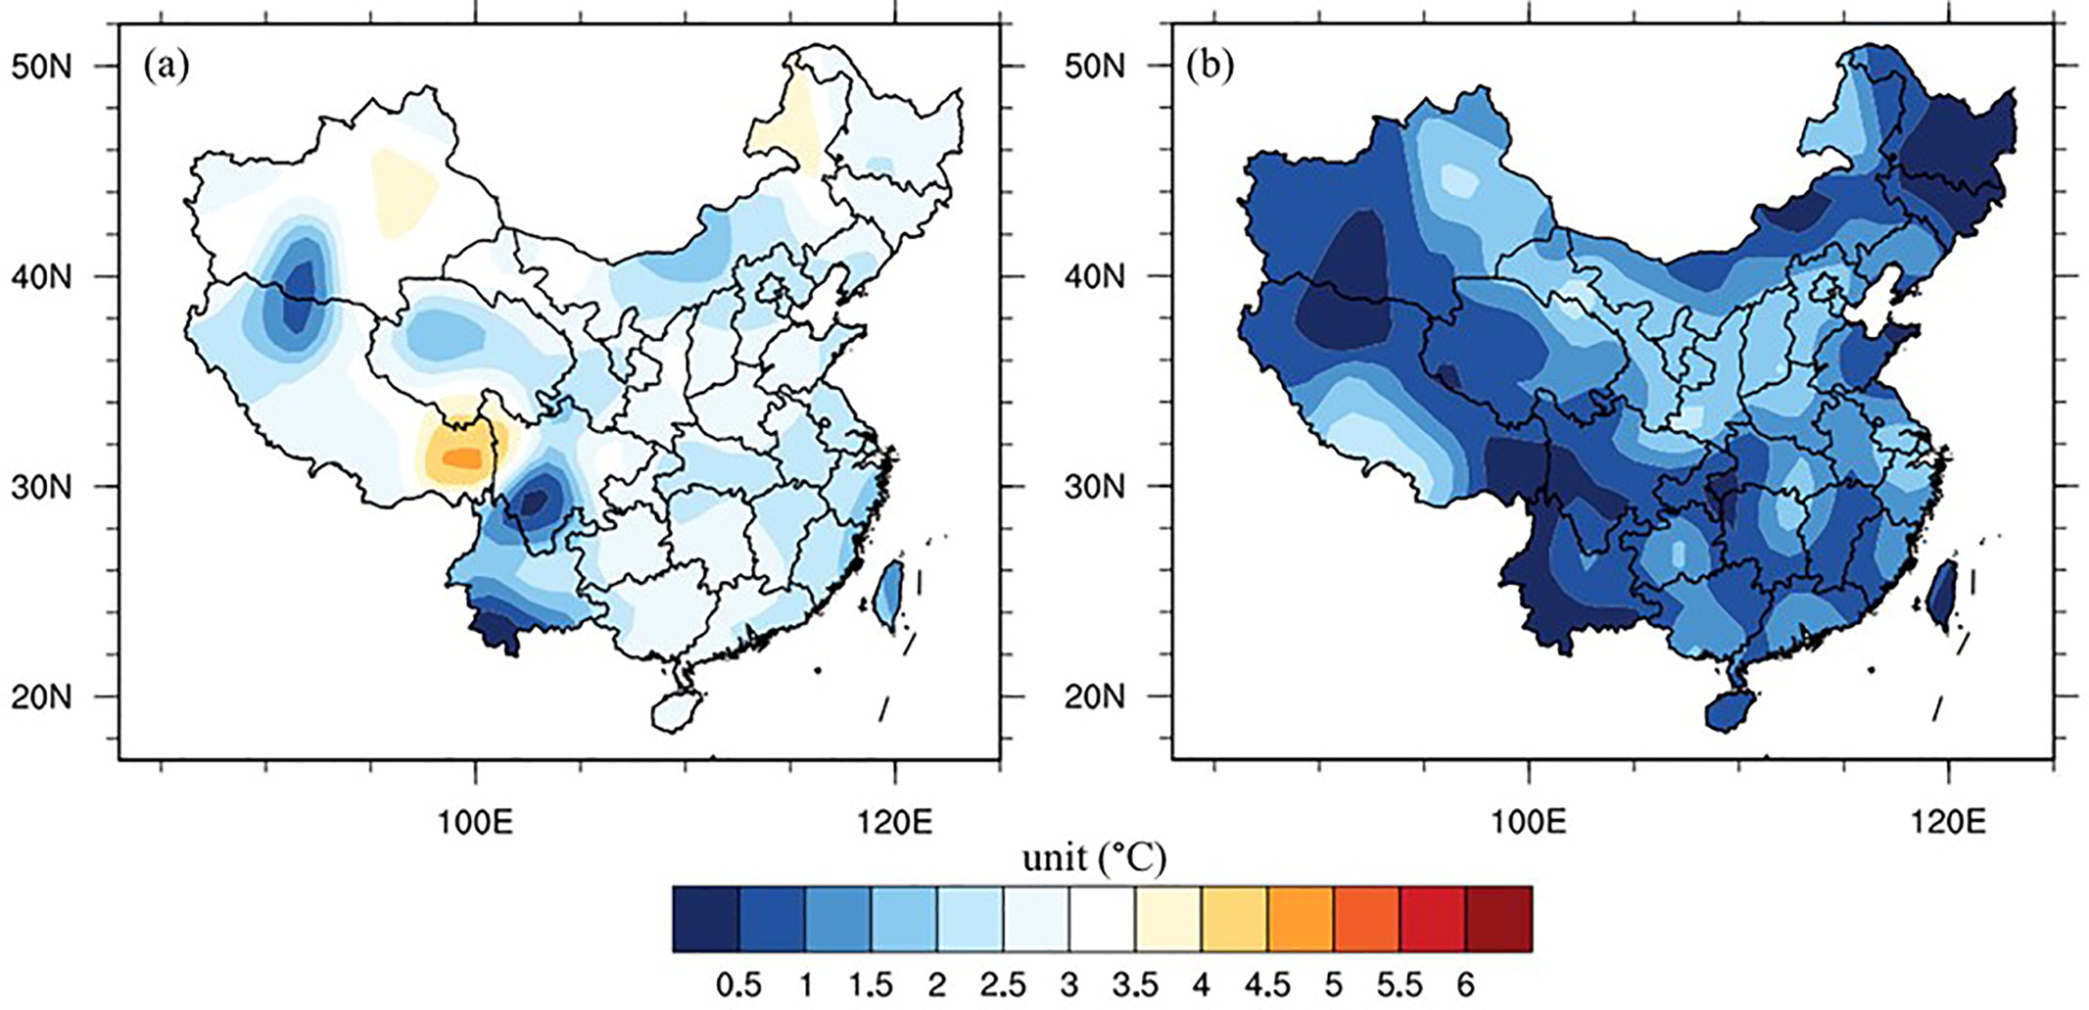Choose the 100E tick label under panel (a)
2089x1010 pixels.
(x=476, y=822)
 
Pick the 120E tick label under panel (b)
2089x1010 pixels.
(x=1948, y=822)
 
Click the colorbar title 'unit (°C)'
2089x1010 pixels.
(x=1094, y=859)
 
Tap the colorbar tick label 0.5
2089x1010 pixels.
(x=738, y=984)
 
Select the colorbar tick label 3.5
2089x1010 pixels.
(x=1135, y=984)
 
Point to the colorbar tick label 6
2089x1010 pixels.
(x=1465, y=984)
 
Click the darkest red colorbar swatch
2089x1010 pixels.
(x=1498, y=918)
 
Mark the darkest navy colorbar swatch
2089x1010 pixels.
(x=706, y=918)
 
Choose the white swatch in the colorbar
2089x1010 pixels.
(x=1102, y=918)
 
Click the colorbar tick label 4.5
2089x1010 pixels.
(x=1267, y=984)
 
